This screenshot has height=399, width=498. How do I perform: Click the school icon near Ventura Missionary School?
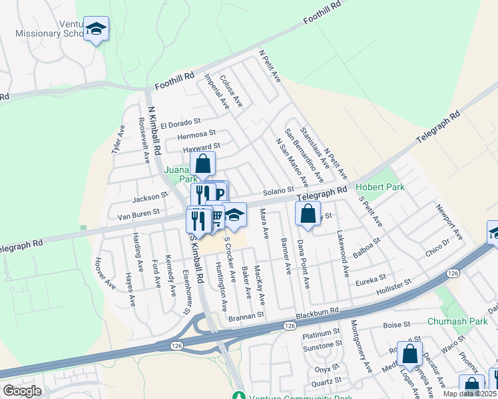97,29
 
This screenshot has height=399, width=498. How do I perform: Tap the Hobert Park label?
380,188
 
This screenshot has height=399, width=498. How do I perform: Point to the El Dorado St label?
180,124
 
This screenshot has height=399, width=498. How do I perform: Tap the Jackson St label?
150,198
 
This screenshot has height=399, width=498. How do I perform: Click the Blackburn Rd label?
318,311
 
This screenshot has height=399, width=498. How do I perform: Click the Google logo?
22,391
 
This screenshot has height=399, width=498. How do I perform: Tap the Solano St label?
278,191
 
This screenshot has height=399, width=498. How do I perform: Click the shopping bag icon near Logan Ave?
411,354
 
